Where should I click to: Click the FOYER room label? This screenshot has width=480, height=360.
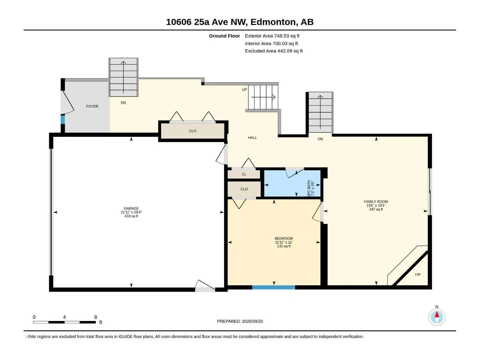tap(92, 106)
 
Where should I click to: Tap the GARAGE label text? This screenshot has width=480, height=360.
tap(131, 208)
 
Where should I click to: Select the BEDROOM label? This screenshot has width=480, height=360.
tap(283, 238)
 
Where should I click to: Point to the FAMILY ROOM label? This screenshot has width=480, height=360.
tap(376, 202)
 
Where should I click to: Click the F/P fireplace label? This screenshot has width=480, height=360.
tap(418, 275)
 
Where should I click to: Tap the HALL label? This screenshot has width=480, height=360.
tap(252, 138)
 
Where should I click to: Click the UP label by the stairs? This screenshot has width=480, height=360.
tap(244, 90)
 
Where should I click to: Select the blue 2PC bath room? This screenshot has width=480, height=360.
tap(292, 183)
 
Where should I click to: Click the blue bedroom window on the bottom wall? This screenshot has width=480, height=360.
tap(274, 287)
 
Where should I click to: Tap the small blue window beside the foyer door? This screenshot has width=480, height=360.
tap(63, 120)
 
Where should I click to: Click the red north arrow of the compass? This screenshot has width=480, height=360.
tap(437, 314)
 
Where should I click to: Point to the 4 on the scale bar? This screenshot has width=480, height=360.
tap(64, 317)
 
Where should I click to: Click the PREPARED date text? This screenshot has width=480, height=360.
tap(240, 321)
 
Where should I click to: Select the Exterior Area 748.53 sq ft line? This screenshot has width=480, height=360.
tap(272, 36)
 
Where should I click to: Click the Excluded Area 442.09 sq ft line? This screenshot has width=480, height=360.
tap(274, 51)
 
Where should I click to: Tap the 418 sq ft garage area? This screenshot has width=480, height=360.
tap(131, 216)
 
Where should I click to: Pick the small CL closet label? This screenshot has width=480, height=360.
tap(244, 174)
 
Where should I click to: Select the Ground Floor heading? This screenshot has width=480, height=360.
tap(224, 36)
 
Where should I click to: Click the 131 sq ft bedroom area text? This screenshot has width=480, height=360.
tap(283, 246)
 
